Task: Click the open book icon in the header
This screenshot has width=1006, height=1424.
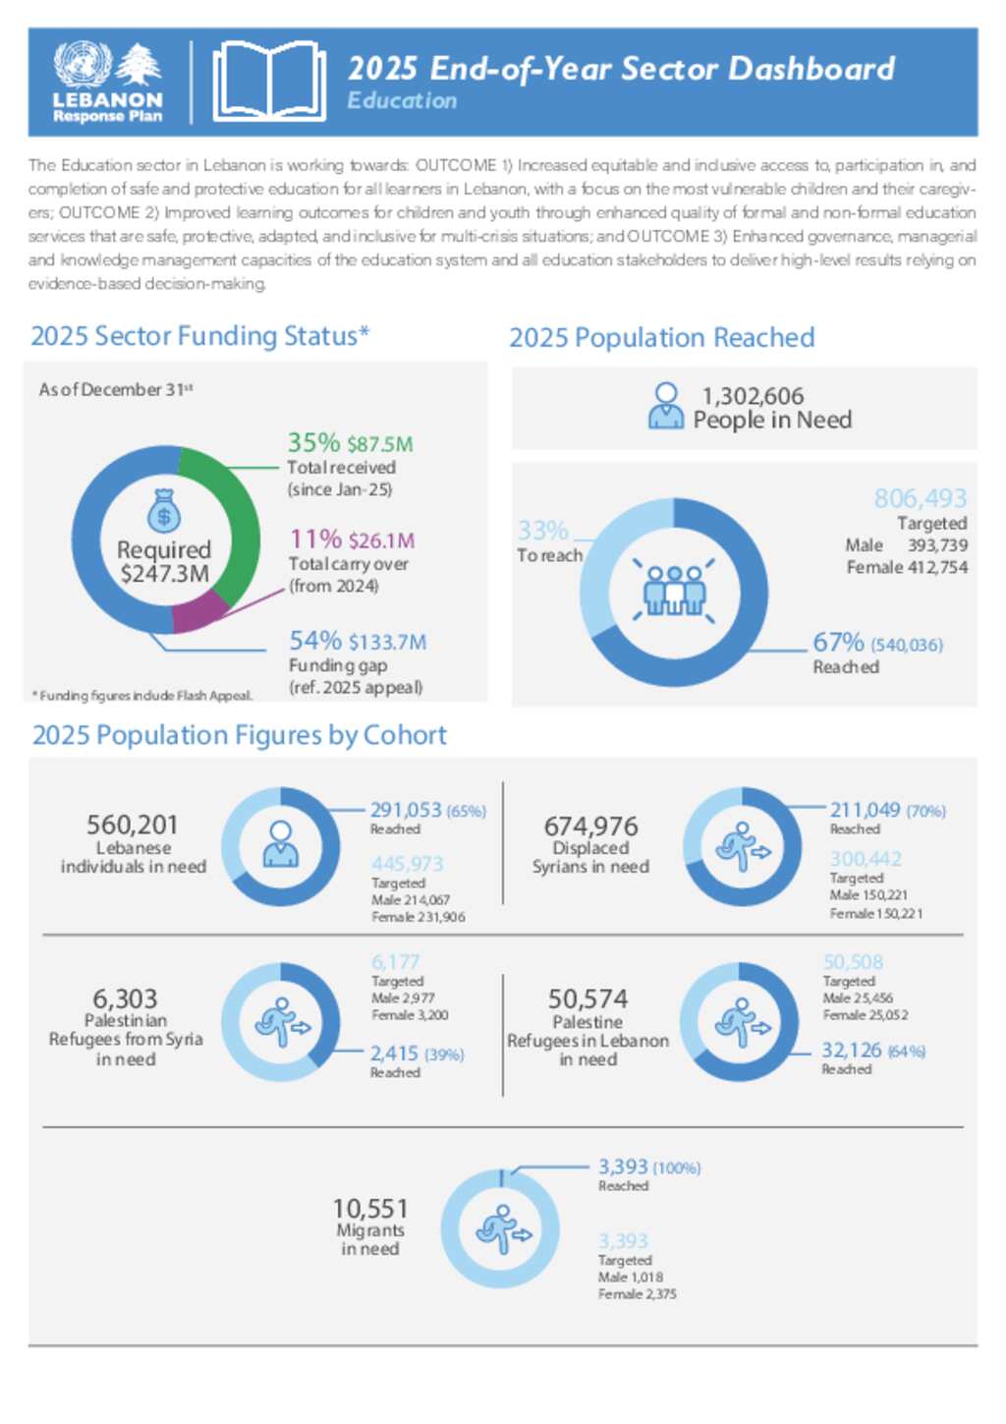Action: point(268,82)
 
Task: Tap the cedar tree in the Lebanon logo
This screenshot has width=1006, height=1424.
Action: point(140,65)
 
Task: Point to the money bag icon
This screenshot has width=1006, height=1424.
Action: point(164,511)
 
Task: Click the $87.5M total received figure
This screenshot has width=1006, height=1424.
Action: point(380,444)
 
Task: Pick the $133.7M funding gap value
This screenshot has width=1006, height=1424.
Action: point(387,642)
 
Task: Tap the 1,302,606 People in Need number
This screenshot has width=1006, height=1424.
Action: point(753,396)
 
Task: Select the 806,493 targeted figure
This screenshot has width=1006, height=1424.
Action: point(921,498)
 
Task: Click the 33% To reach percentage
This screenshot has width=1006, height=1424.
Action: point(543,531)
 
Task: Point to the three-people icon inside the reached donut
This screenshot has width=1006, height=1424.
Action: point(674,590)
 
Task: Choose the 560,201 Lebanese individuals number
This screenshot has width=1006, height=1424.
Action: point(132,825)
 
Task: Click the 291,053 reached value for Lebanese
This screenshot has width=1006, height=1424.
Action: point(406,810)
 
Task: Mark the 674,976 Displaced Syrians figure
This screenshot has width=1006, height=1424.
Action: point(590,826)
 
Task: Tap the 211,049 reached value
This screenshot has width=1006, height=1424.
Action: point(865,810)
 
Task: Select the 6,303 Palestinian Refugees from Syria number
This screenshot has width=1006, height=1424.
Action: point(126,998)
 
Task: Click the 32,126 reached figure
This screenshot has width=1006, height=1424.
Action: point(852,1050)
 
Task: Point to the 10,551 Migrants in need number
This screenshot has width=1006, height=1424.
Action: point(370,1208)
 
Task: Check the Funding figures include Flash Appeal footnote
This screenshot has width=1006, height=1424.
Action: point(143,696)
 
